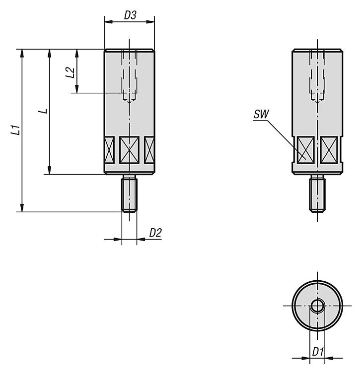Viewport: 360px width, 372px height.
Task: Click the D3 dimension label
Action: pyautogui.click(x=131, y=15)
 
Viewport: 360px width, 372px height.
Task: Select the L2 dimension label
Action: pyautogui.click(x=70, y=72)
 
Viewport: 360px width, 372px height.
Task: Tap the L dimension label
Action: pyautogui.click(x=43, y=111)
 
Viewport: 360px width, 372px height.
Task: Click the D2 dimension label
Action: pyautogui.click(x=155, y=233)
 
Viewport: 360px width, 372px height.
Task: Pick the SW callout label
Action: pyautogui.click(x=261, y=114)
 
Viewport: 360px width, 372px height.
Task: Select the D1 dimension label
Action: pyautogui.click(x=318, y=352)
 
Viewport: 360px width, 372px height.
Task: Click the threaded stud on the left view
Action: pyautogui.click(x=130, y=193)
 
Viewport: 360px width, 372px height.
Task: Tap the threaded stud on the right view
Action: pyautogui.click(x=317, y=193)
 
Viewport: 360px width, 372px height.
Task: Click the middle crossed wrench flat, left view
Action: pyautogui.click(x=129, y=150)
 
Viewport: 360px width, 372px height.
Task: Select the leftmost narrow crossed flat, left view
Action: pyautogui.click(x=109, y=150)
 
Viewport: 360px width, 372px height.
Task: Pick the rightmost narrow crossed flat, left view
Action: pyautogui.click(x=149, y=150)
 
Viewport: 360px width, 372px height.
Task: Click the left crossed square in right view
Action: pyautogui.click(x=305, y=150)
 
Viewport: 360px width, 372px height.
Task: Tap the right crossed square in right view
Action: pyautogui.click(x=329, y=150)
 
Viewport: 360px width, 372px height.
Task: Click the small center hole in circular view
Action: pyautogui.click(x=317, y=306)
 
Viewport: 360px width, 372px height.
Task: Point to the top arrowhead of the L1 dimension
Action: pyautogui.click(x=22, y=53)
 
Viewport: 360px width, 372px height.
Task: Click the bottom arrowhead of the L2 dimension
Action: pyautogui.click(x=76, y=89)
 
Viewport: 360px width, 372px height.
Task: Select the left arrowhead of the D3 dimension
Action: pyautogui.click(x=108, y=22)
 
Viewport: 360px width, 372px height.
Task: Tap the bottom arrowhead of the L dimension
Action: pyautogui.click(x=49, y=170)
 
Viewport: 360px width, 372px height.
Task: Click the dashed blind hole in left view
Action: pyautogui.click(x=130, y=76)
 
